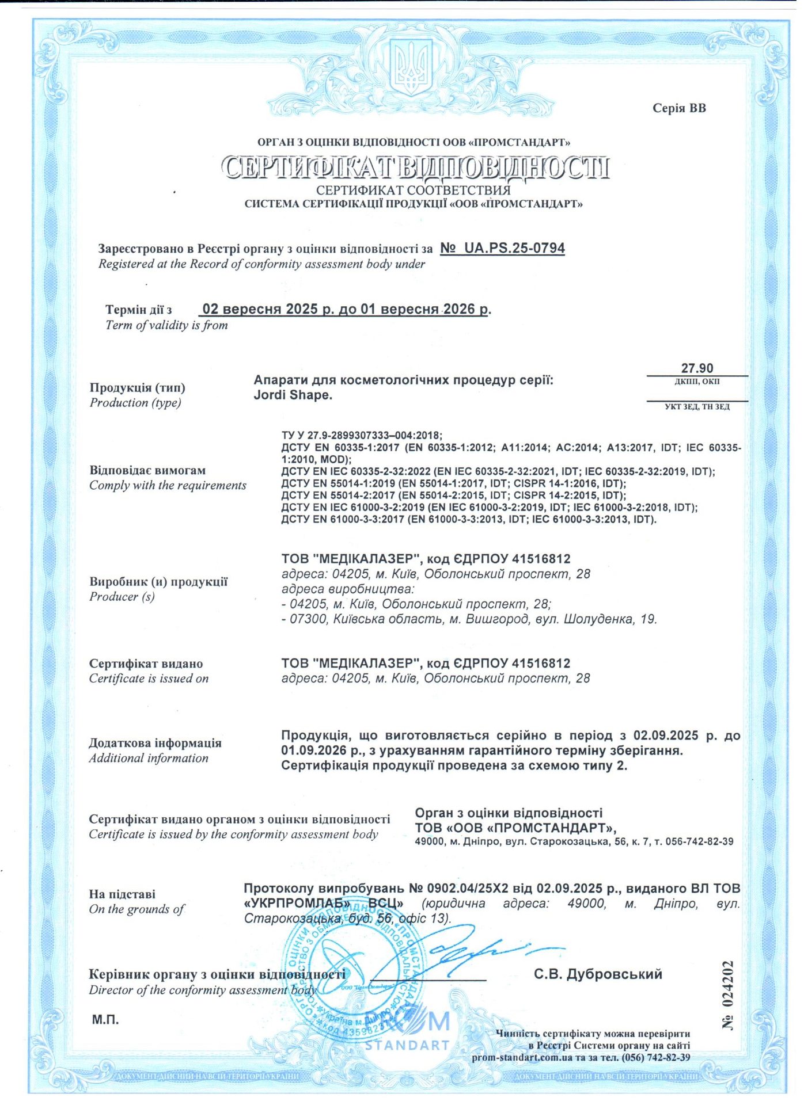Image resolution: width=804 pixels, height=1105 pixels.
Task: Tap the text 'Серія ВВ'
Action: pos(679,108)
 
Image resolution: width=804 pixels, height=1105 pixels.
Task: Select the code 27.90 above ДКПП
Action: pos(697,368)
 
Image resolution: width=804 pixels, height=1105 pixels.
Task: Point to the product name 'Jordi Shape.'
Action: pos(293,395)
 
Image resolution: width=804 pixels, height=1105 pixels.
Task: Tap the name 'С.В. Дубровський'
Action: pos(598,974)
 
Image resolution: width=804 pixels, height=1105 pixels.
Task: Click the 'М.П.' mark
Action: pos(105,1020)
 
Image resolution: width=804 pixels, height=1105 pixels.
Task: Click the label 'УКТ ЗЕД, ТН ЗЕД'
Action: pos(697,407)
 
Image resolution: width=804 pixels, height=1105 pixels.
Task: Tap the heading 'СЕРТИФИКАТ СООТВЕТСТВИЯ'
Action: pos(413,190)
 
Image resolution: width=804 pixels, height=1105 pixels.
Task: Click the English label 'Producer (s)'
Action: pos(122,597)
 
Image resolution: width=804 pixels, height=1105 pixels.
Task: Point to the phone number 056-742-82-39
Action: pos(699,841)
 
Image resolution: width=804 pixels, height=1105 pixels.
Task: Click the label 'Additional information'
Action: pos(149,758)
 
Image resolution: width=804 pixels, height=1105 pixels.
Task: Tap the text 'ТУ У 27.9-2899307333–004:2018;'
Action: pos(362,435)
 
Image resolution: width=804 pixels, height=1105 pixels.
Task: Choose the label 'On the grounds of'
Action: pos(136,909)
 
